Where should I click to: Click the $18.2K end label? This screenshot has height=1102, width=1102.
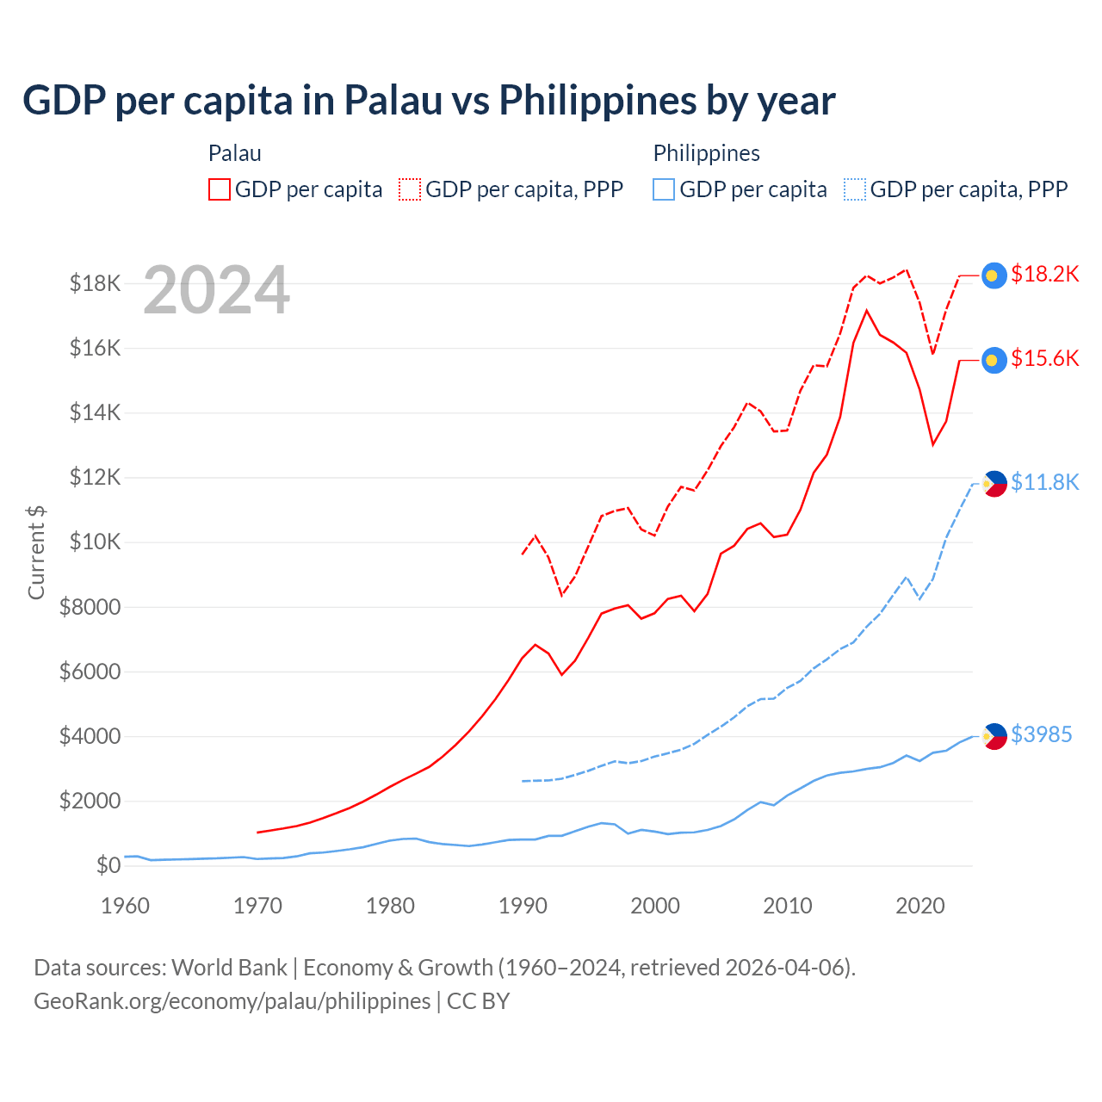coord(1044,274)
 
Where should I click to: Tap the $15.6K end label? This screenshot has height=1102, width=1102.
coord(1044,358)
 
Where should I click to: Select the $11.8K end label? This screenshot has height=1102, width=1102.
coord(1044,482)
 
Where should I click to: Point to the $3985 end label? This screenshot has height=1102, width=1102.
coord(1041,734)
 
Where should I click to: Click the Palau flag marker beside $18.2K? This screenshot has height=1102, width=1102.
coord(994,275)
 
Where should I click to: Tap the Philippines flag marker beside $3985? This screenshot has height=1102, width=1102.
coord(994,736)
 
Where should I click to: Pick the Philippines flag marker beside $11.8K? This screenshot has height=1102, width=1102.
coord(994,484)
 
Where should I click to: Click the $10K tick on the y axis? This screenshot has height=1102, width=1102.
coord(90,542)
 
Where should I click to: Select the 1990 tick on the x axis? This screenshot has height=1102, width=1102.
coord(523,906)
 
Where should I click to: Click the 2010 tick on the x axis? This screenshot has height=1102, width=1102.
coord(788,906)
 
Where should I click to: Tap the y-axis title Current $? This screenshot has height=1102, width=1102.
coord(36,552)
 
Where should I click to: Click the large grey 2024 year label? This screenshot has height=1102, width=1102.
coord(216,291)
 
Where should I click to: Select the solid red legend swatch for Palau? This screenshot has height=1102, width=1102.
coord(220,189)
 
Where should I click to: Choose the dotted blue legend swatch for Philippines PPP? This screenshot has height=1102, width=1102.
coord(855,189)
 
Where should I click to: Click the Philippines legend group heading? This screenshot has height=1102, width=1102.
coord(706,153)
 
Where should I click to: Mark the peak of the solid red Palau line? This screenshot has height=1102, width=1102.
coord(866,310)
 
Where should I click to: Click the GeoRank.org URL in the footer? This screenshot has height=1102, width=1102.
coord(232,1001)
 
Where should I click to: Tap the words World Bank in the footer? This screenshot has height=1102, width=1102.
coord(229,968)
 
